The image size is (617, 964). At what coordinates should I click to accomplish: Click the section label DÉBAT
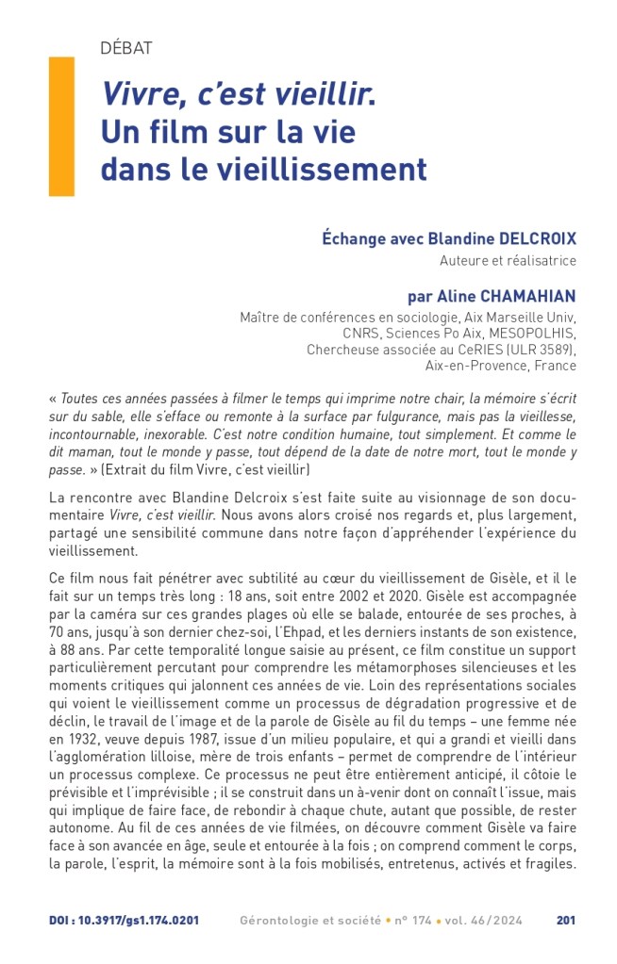tap(126, 48)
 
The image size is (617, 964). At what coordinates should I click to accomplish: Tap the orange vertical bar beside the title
tap(61, 125)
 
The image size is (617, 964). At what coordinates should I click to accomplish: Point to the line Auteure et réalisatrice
tap(508, 260)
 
